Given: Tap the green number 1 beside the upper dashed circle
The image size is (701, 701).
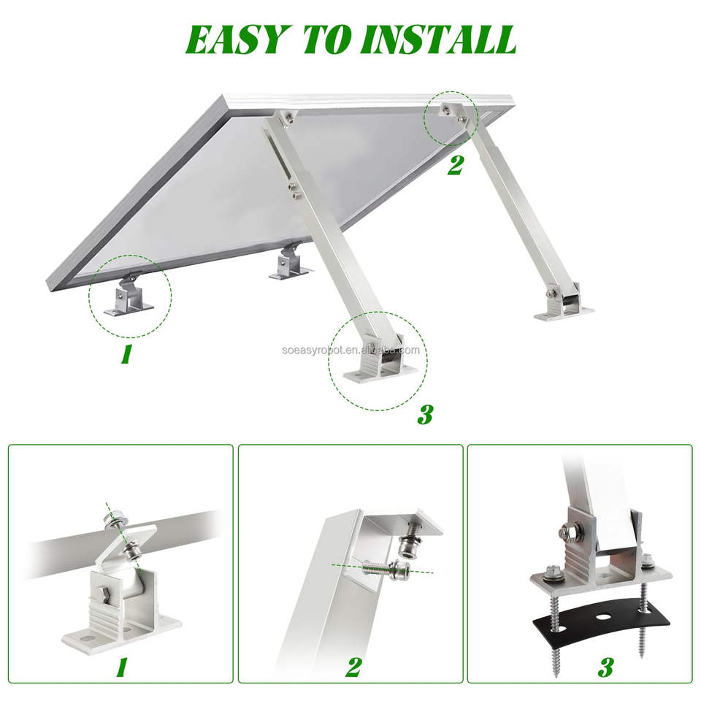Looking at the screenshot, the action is tap(126, 355).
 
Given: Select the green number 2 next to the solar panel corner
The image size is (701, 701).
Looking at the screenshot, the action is tap(455, 166).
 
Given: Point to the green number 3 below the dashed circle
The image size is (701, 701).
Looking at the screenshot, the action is tap(425, 415).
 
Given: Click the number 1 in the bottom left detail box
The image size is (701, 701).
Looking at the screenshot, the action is tap(121, 667).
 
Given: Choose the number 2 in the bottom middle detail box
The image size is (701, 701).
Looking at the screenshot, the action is tap(353, 667).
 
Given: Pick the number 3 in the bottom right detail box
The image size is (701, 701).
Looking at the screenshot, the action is tap(606, 667).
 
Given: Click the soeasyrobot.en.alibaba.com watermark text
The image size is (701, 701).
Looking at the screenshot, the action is tap(351, 350).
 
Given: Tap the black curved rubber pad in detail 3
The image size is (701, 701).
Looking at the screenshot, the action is tap(600, 618).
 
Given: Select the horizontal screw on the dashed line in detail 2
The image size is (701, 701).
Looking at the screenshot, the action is tap(383, 570).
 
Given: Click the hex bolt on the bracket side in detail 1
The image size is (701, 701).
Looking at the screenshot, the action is tap(99, 596).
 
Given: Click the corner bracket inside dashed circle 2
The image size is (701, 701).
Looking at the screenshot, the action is tap(453, 112).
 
